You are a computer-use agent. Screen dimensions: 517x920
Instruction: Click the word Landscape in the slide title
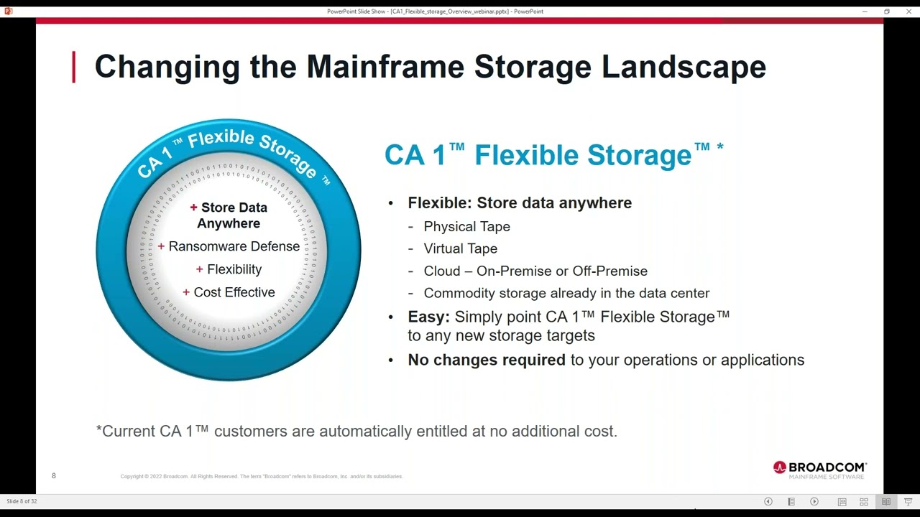(x=684, y=67)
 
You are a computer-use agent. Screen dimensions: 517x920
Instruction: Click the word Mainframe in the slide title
(x=385, y=67)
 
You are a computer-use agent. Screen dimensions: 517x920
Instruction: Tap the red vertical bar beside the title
(x=73, y=67)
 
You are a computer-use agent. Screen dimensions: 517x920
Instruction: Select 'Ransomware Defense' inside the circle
(x=234, y=246)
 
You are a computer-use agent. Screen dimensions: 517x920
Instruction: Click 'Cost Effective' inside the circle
(x=234, y=292)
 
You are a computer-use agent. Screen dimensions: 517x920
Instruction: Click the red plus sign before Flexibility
(x=199, y=270)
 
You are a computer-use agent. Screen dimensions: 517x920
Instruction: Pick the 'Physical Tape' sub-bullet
(x=466, y=227)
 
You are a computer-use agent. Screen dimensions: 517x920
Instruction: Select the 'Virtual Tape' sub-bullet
(x=460, y=248)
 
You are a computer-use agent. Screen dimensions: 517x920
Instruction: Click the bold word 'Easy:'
(x=428, y=317)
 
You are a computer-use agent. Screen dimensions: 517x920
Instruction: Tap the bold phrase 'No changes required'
(x=487, y=360)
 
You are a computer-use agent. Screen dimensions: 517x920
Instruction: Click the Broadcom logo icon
(x=780, y=467)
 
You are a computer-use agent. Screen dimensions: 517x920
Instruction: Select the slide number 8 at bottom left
(x=53, y=476)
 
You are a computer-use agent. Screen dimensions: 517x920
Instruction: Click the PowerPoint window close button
(x=908, y=11)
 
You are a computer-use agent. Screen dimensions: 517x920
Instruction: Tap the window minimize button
(x=865, y=11)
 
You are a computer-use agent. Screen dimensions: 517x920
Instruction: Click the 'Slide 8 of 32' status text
(x=22, y=501)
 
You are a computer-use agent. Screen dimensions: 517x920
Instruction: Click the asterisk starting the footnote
(x=99, y=430)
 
